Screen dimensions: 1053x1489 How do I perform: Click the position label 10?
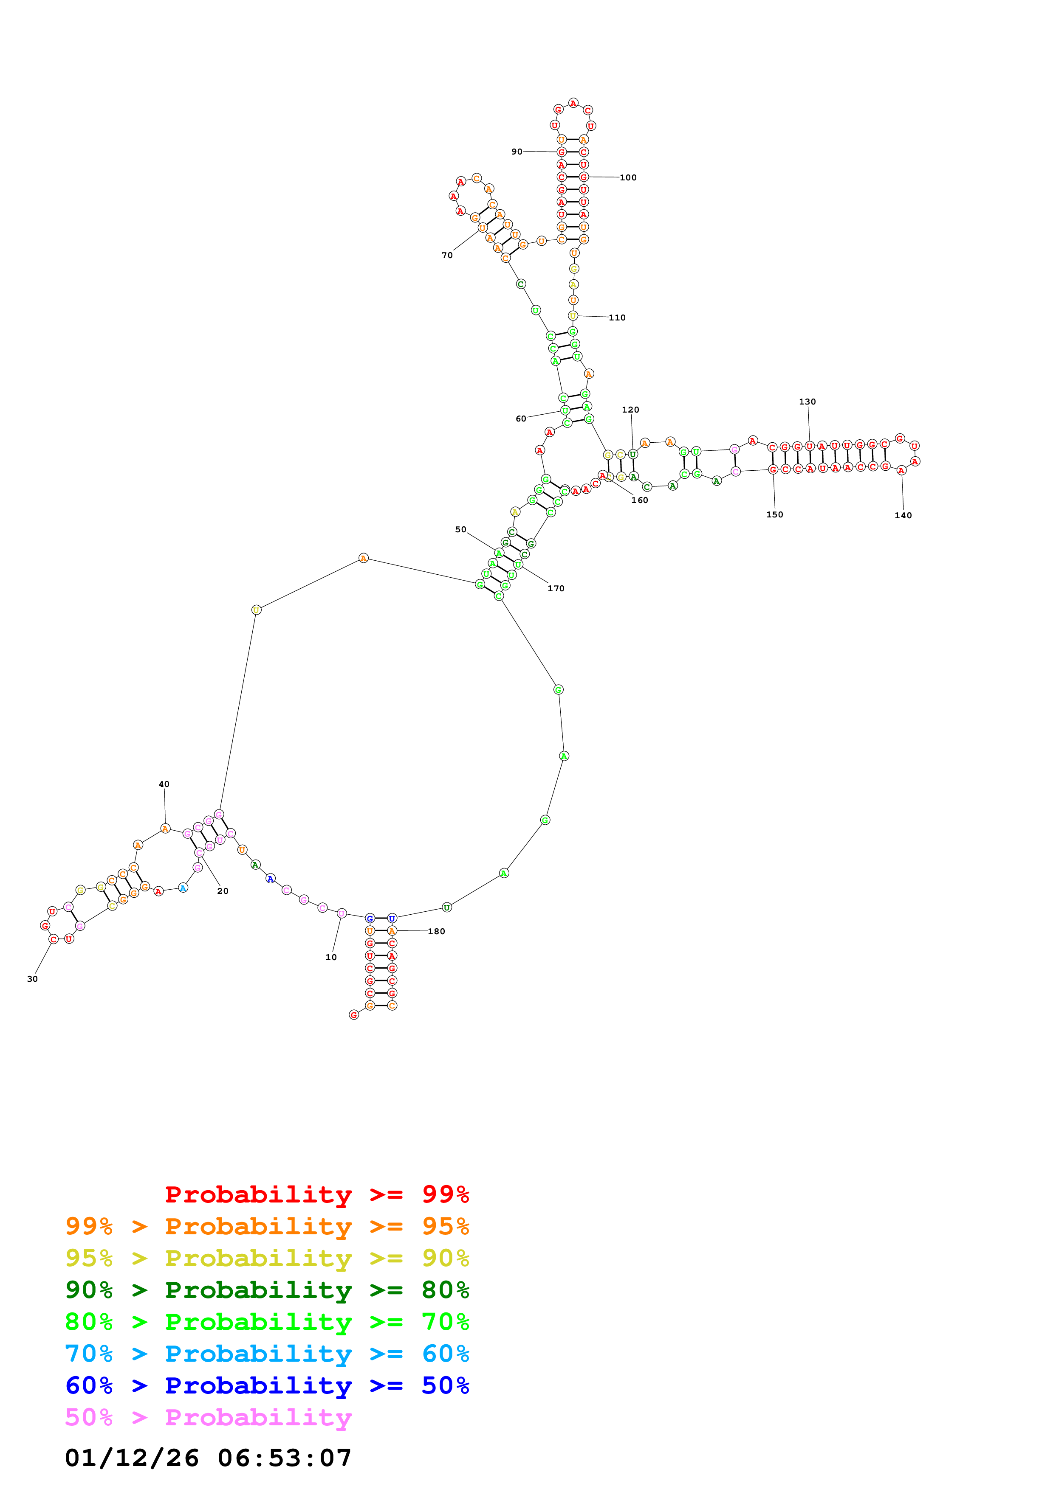[331, 957]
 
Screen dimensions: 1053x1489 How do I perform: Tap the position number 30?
[32, 979]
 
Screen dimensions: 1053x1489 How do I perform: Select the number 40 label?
[164, 784]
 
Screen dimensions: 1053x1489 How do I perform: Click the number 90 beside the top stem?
[517, 152]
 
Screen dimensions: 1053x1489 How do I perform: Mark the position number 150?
[775, 514]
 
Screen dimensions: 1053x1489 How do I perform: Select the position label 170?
[556, 588]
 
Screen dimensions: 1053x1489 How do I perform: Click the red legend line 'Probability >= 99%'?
[316, 1194]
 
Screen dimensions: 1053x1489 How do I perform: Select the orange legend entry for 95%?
[267, 1226]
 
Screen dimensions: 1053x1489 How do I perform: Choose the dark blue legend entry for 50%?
[267, 1385]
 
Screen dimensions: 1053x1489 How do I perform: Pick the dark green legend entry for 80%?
[267, 1290]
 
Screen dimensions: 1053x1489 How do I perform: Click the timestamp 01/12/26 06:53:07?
[208, 1458]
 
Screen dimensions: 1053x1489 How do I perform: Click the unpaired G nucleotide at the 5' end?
[353, 1015]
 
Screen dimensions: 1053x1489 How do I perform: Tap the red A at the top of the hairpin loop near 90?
[573, 103]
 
